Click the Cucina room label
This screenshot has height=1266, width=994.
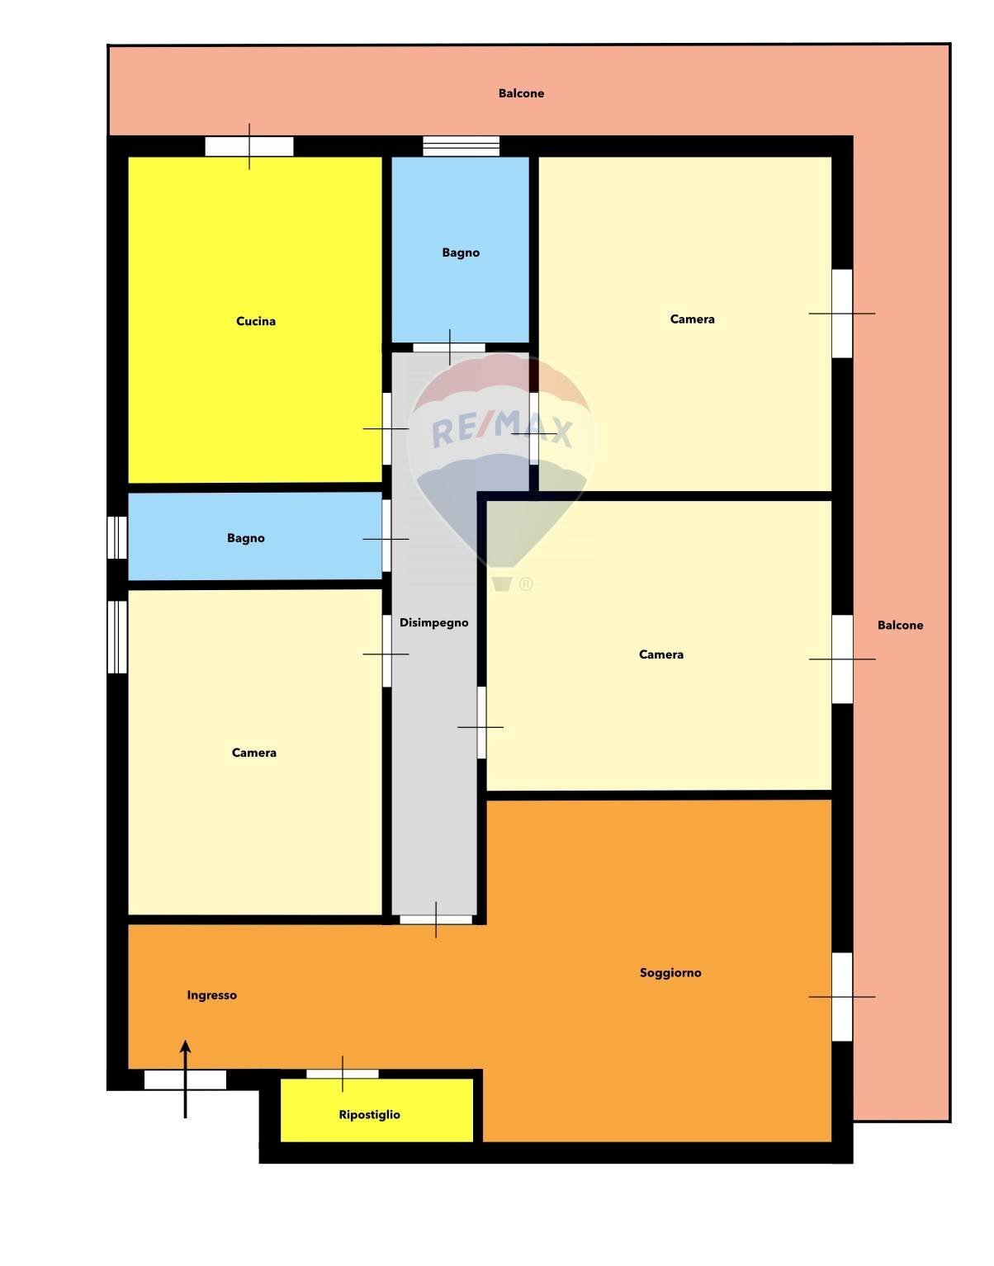click(x=256, y=321)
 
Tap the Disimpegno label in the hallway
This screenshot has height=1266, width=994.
click(x=434, y=623)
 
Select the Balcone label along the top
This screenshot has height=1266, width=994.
click(x=521, y=93)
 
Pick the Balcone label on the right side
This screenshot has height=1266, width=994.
click(x=900, y=625)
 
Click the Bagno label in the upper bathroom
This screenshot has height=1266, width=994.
click(x=461, y=253)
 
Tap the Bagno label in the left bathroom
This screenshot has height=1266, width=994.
click(x=246, y=538)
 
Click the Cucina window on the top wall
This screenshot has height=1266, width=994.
click(x=249, y=146)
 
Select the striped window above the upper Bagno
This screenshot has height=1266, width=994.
click(x=461, y=146)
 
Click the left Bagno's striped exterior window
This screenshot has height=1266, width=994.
click(x=117, y=537)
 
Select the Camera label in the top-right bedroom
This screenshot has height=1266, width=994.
click(x=692, y=319)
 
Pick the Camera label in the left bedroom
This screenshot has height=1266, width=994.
click(x=254, y=753)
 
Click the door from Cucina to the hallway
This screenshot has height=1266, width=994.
click(x=386, y=429)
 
